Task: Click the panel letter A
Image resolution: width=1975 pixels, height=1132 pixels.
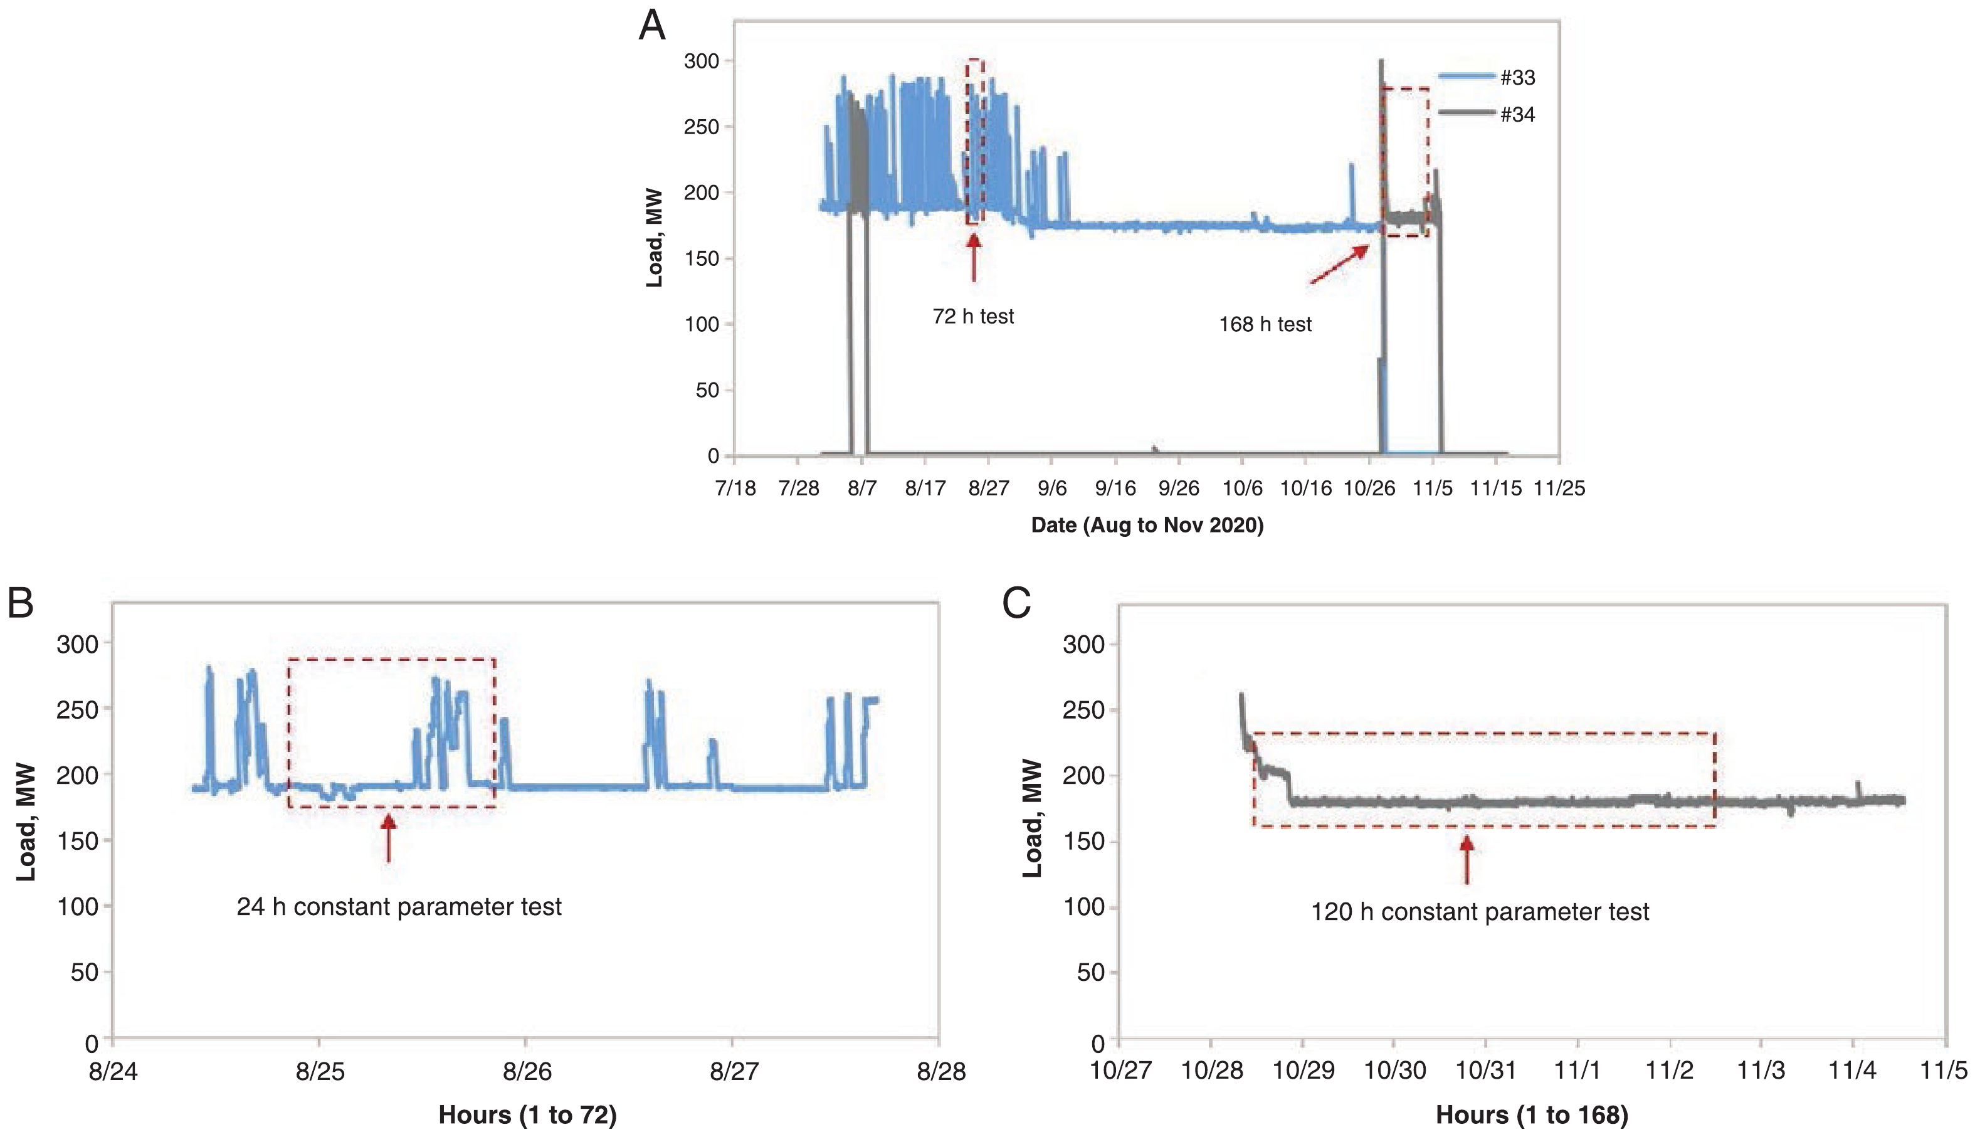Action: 652,26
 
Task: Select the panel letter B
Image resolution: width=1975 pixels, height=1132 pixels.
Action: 21,603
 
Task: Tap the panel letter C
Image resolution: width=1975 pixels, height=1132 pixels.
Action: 1016,603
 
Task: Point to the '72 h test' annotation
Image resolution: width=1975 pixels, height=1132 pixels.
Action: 973,317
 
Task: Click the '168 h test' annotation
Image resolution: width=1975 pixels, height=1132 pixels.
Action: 1265,324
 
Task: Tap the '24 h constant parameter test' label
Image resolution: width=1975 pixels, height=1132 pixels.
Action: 399,906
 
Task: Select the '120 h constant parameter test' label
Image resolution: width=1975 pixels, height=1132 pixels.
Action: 1480,911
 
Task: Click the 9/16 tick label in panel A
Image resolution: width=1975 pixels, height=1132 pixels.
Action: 1115,489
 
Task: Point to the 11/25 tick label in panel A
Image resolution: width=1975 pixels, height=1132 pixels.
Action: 1559,489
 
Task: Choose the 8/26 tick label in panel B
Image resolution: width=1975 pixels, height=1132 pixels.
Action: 527,1071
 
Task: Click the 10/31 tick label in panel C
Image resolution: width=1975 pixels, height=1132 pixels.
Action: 1486,1070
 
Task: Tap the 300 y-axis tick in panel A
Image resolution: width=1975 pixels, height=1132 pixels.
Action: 701,61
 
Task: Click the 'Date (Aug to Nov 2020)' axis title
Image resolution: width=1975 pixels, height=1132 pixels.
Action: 1147,526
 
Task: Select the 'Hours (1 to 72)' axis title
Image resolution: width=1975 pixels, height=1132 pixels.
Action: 527,1115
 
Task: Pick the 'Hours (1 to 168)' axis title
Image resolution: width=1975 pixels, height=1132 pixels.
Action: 1531,1115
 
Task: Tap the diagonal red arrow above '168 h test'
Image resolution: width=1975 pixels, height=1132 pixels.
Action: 1340,264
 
